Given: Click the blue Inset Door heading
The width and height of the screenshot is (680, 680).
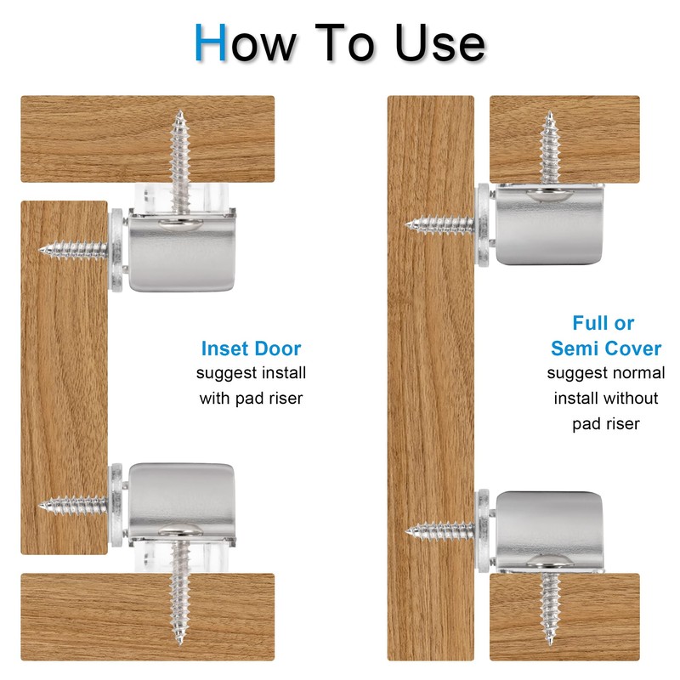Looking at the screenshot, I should [251, 348].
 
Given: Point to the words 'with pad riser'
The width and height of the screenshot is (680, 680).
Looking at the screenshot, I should [251, 398].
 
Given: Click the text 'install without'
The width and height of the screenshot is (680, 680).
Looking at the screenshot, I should [606, 398].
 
